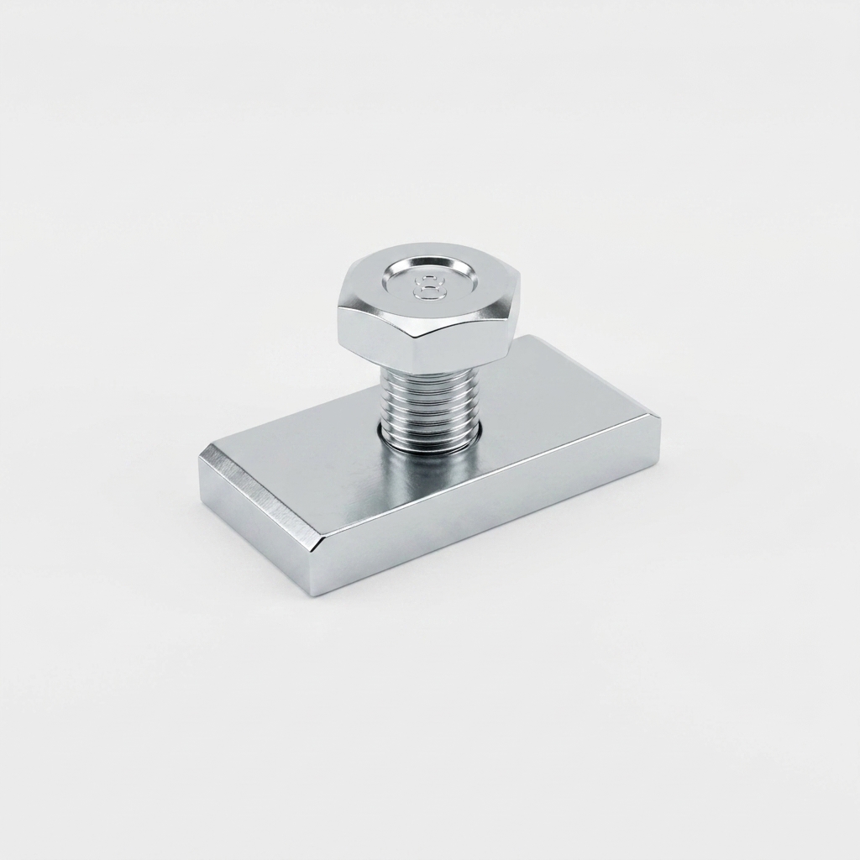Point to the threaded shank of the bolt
click(431, 406)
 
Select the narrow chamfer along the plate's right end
click(653, 426)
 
